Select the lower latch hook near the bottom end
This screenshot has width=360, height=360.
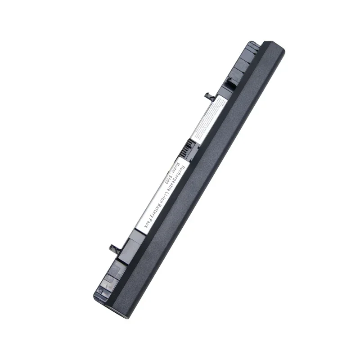(x=113, y=247)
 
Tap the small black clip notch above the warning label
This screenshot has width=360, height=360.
(x=229, y=81)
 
